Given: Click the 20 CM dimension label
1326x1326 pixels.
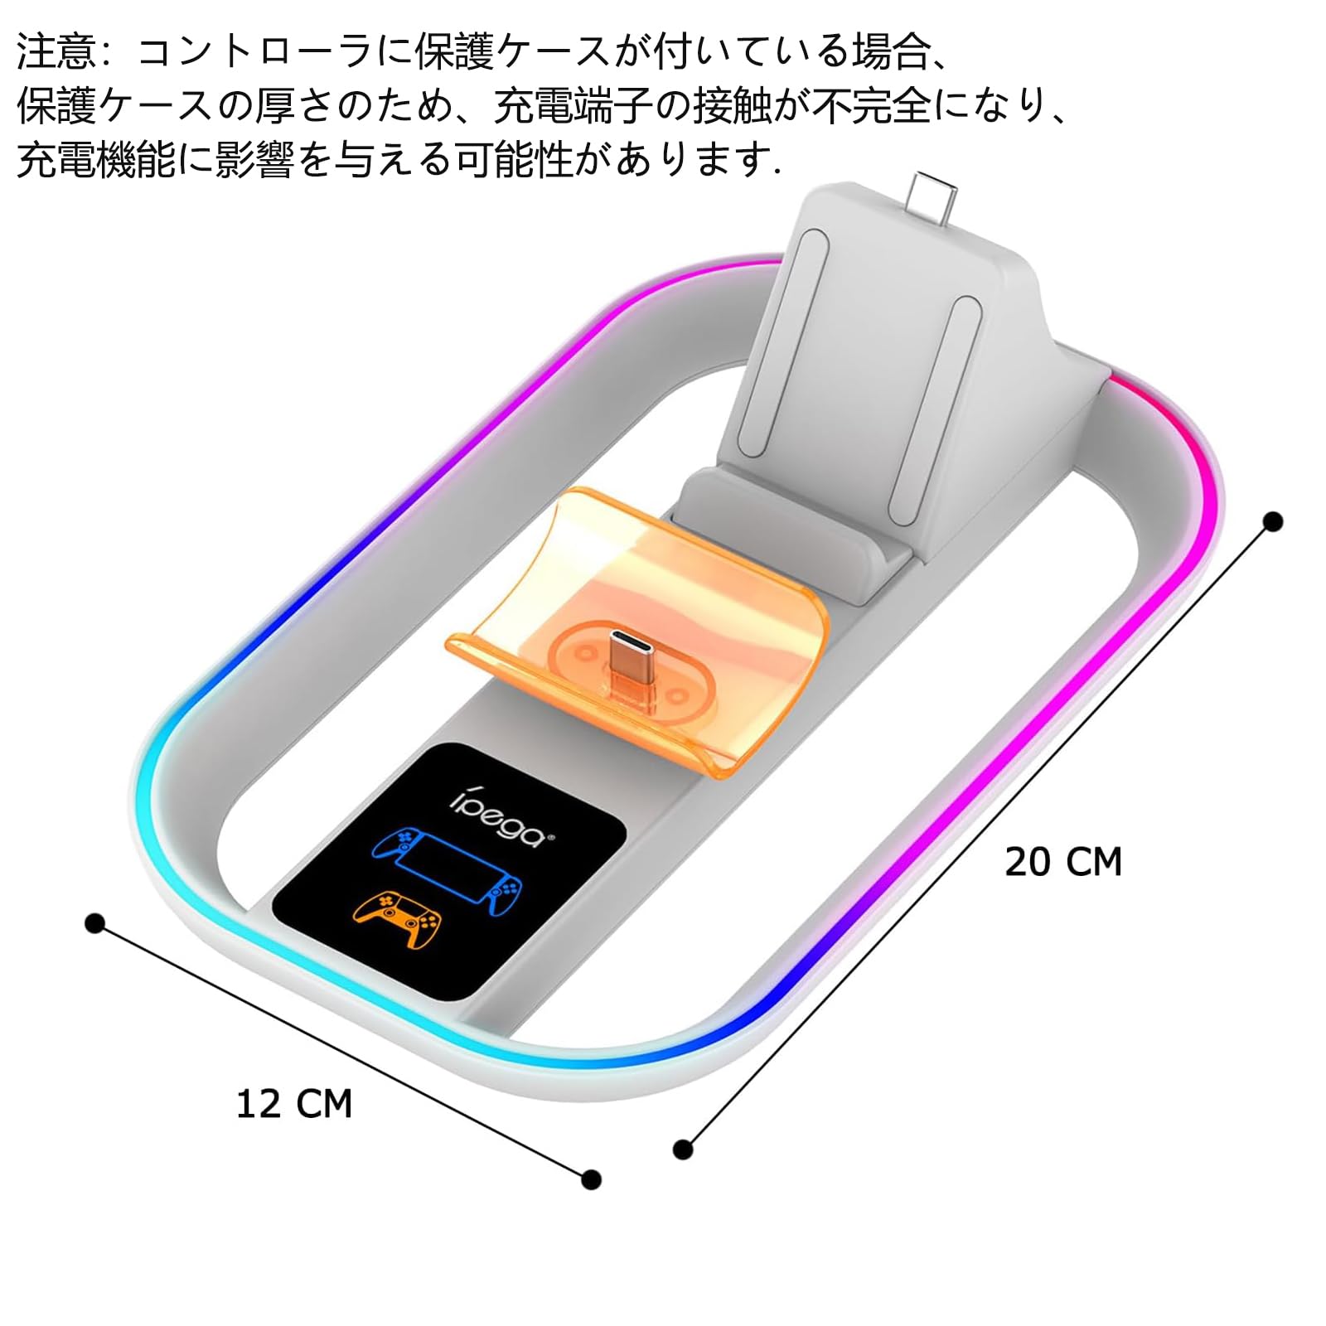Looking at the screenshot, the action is [x=1063, y=862].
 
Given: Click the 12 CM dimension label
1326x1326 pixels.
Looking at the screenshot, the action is [x=294, y=1105].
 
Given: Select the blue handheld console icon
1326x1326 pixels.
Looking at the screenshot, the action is [x=448, y=870].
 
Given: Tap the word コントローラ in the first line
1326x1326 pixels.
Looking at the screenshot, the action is [x=254, y=51].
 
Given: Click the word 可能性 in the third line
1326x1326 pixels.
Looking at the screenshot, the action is [x=514, y=159].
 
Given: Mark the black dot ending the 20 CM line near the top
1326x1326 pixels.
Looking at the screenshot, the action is [x=1273, y=521].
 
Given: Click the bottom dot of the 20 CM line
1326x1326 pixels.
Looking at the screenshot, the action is [x=683, y=1149].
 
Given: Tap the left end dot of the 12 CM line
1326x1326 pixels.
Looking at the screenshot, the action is [x=95, y=923].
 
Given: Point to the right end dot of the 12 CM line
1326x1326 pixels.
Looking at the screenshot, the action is [x=591, y=1179].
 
